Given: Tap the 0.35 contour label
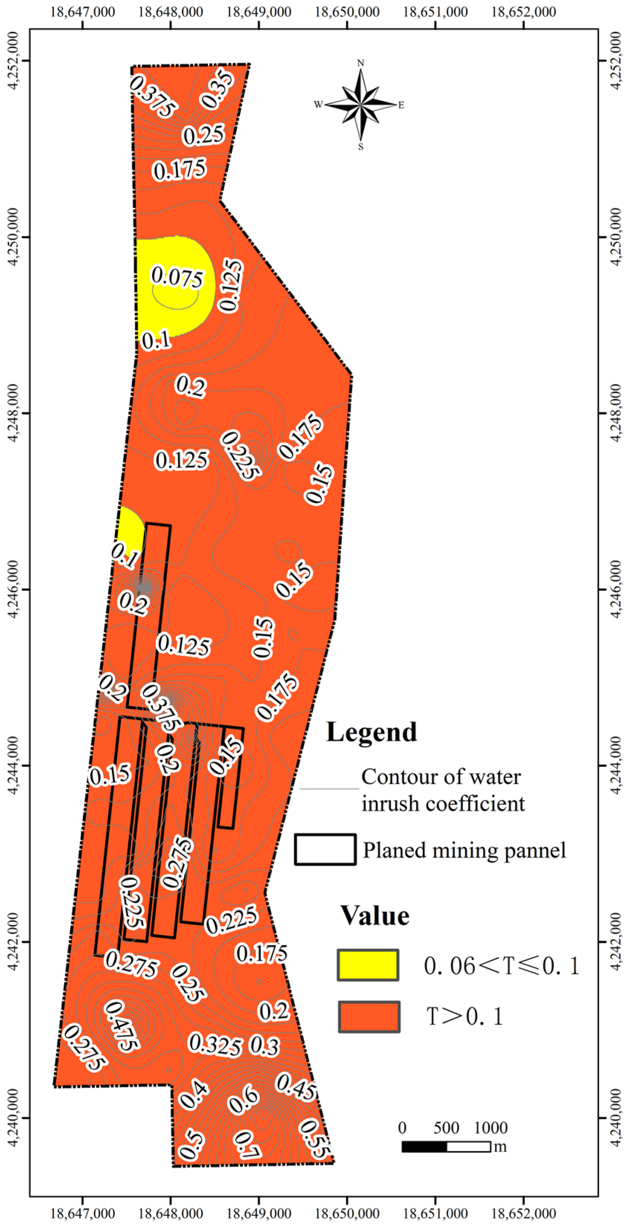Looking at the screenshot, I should pyautogui.click(x=217, y=89).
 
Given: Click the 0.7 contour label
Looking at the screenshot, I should pyautogui.click(x=247, y=1145).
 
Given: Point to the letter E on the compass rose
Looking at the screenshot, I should pyautogui.click(x=401, y=105).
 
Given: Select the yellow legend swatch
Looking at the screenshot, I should pyautogui.click(x=368, y=965).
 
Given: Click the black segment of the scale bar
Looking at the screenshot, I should pyautogui.click(x=424, y=1146).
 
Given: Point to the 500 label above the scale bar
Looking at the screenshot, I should pyautogui.click(x=446, y=1128).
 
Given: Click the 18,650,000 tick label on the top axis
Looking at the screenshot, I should pyautogui.click(x=347, y=12).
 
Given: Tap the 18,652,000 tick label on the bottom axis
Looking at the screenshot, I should pyautogui.click(x=523, y=1213).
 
